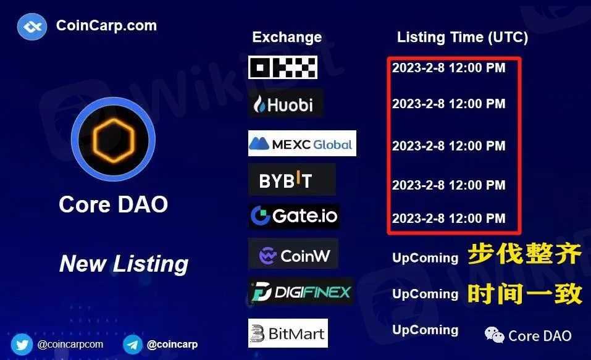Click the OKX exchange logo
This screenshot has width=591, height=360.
click(x=283, y=67)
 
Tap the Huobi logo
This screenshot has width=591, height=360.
click(x=286, y=103)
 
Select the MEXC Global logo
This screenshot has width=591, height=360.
click(x=302, y=143)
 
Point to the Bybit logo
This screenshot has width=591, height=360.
click(x=291, y=180)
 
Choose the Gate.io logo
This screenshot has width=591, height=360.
click(x=293, y=216)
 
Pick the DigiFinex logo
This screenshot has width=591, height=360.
click(x=301, y=292)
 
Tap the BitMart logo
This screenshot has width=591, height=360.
click(x=288, y=333)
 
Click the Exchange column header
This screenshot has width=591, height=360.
click(x=287, y=37)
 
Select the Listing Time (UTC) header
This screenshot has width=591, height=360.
click(x=463, y=37)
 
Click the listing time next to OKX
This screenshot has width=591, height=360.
click(x=448, y=68)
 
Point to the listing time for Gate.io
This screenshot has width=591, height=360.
click(x=448, y=218)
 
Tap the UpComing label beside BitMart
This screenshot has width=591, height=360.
click(x=425, y=330)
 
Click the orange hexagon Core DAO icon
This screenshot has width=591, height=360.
click(x=113, y=140)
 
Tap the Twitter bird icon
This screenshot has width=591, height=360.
click(x=22, y=344)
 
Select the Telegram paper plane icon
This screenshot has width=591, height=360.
click(x=132, y=344)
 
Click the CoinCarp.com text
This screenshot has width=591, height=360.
click(x=106, y=26)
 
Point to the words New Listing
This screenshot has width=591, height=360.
click(x=124, y=264)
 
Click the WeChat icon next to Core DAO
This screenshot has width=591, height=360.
click(x=494, y=335)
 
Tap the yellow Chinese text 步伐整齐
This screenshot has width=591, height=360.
click(x=525, y=254)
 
